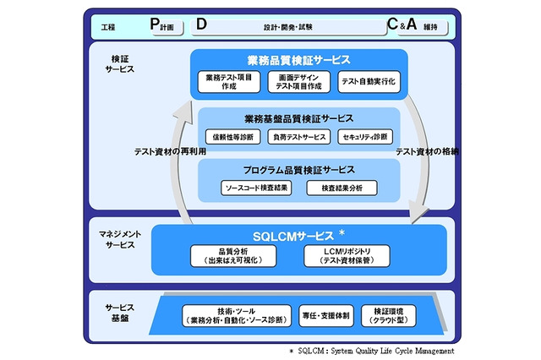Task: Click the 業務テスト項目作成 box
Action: coord(228,82)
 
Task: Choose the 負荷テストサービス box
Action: coord(297,135)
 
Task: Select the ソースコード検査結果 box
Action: coord(257,188)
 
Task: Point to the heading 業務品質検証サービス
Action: coord(297,61)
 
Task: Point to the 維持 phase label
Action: coord(431,28)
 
